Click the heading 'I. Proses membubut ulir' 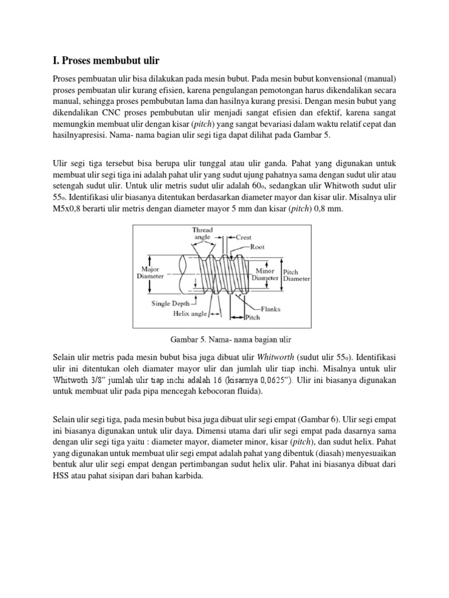pos(106,61)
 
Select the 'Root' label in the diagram pos(257,247)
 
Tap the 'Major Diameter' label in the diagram pos(150,272)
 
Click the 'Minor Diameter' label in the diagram pos(266,275)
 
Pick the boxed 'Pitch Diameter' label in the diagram pos(296,275)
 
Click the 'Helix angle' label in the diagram pos(190,314)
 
